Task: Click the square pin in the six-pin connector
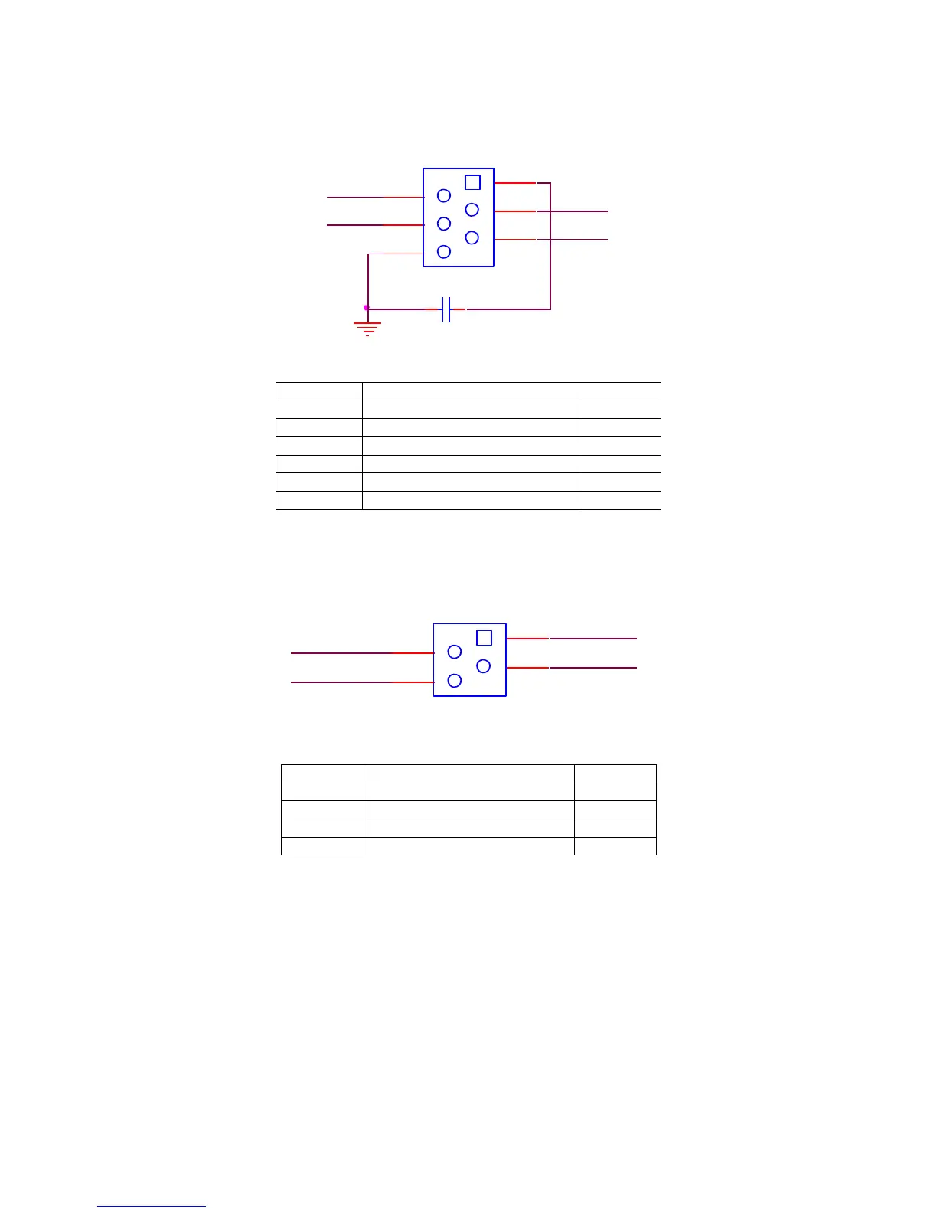[x=473, y=182]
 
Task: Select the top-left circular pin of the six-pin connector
[x=444, y=196]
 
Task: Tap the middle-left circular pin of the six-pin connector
[x=444, y=224]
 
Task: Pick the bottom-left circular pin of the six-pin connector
[x=444, y=251]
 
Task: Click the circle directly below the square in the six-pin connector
[x=472, y=210]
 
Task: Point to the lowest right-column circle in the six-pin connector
[x=472, y=237]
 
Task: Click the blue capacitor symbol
[x=447, y=309]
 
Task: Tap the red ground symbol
[x=367, y=329]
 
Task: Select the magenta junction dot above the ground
[x=367, y=308]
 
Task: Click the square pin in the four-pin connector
[x=484, y=638]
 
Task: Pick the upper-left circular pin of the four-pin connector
[x=455, y=652]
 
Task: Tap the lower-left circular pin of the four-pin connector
[x=455, y=680]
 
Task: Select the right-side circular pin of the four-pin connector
[x=483, y=666]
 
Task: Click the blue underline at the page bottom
[x=152, y=1207]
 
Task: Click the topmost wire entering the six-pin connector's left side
[x=375, y=197]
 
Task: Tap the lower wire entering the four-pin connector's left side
[x=360, y=682]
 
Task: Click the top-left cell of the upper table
[x=318, y=391]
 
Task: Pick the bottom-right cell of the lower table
[x=615, y=846]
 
